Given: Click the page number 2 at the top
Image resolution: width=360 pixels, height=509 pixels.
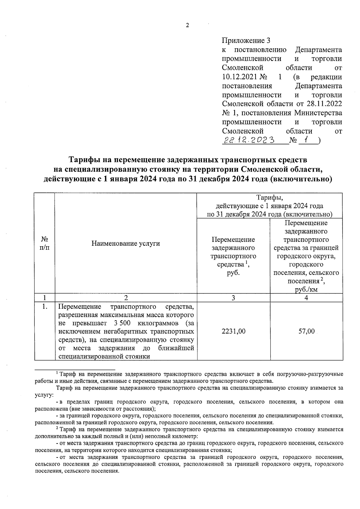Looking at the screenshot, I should click(x=187, y=25).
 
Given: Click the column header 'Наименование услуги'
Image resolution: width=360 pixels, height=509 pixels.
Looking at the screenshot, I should click(x=125, y=243).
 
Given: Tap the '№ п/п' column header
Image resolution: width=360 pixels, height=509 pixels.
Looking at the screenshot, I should click(x=44, y=243).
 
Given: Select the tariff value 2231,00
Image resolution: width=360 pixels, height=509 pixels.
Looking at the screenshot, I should click(x=233, y=331).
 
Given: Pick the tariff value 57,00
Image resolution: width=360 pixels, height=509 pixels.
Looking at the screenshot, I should click(x=306, y=331).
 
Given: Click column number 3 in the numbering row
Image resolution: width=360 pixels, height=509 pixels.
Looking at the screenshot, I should click(x=233, y=298).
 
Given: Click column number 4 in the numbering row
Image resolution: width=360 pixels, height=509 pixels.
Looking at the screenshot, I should click(x=306, y=298).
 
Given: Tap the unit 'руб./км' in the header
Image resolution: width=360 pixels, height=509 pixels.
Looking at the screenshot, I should click(x=306, y=289).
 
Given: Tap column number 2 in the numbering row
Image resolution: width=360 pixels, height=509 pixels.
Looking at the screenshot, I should click(x=126, y=298).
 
